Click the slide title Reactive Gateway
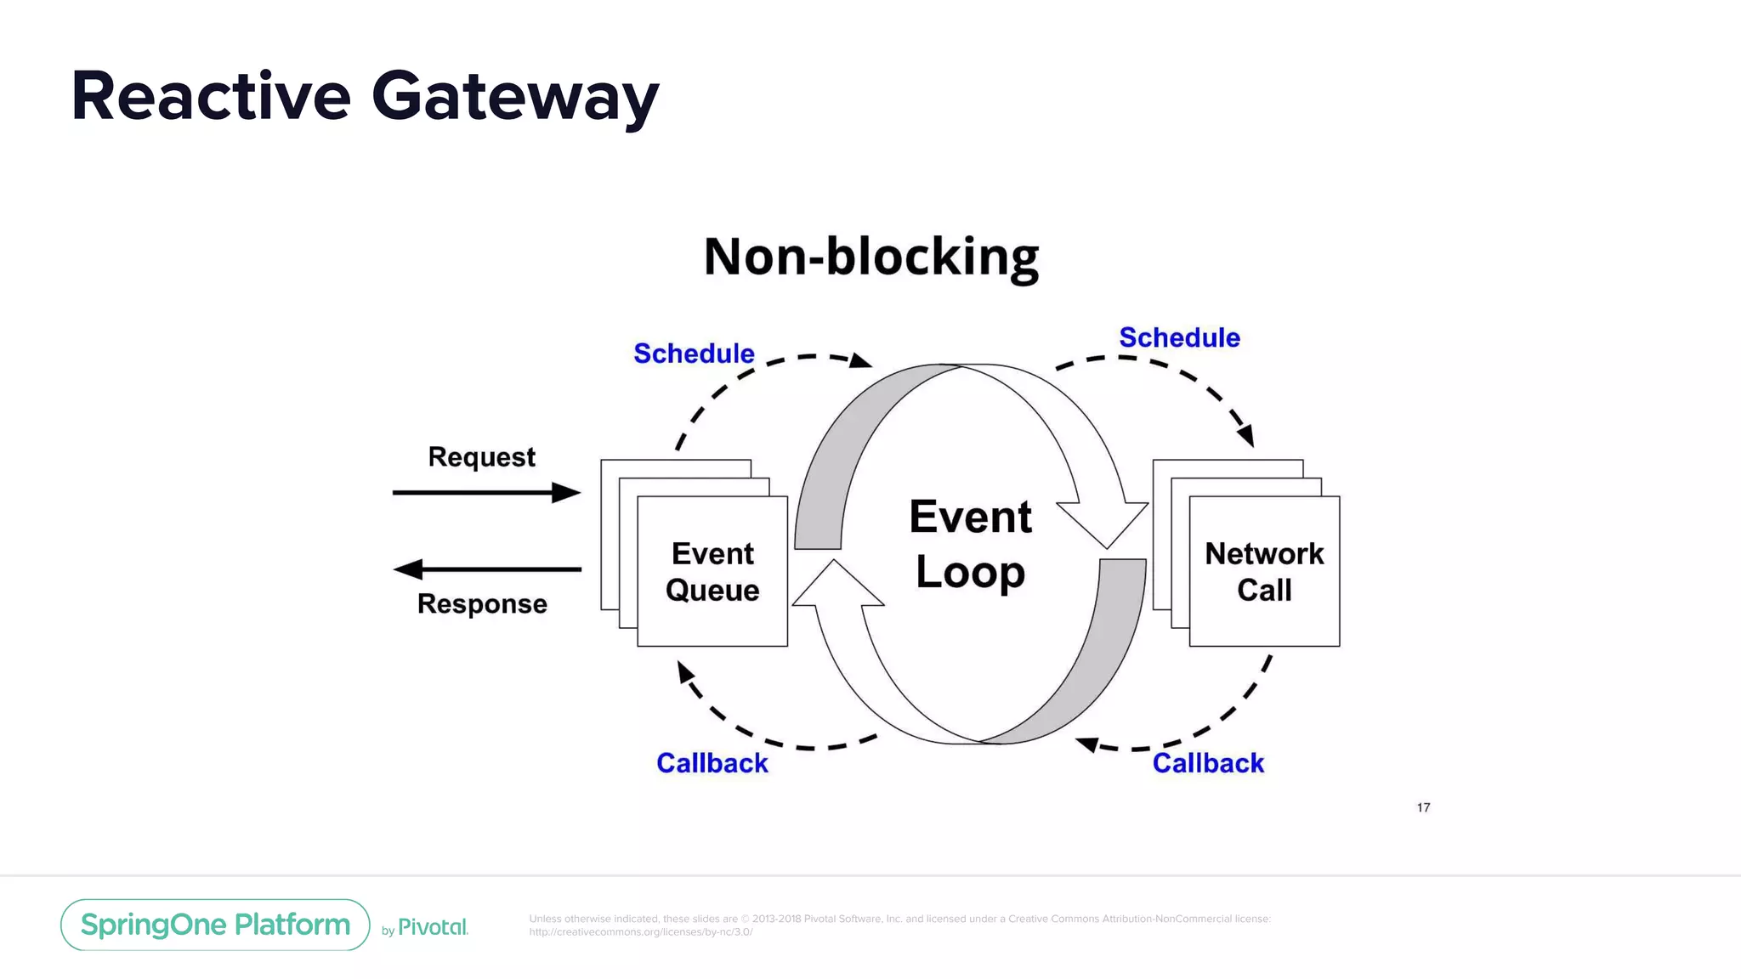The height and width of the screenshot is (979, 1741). click(365, 97)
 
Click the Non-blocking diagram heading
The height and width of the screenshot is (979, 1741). click(871, 257)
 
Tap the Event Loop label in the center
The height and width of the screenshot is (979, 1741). click(970, 544)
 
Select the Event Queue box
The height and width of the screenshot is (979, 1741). click(712, 572)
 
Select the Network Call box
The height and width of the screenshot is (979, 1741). click(1264, 572)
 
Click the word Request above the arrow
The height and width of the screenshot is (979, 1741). click(481, 457)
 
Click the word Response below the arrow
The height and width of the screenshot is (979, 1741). click(482, 604)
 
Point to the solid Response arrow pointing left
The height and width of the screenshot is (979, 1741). click(486, 569)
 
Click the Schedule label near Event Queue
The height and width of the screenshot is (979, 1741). click(694, 354)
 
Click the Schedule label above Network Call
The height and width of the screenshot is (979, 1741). click(1179, 337)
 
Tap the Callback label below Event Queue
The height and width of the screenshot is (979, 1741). click(712, 763)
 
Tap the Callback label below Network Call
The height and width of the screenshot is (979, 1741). click(1208, 763)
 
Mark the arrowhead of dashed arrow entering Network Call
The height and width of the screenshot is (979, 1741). click(1246, 436)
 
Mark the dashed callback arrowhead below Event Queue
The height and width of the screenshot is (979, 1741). click(684, 671)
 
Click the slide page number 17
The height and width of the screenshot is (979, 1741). click(1423, 807)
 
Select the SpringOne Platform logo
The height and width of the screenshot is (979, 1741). click(215, 925)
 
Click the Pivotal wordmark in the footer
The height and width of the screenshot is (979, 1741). click(433, 927)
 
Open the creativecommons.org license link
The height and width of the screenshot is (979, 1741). click(640, 932)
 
